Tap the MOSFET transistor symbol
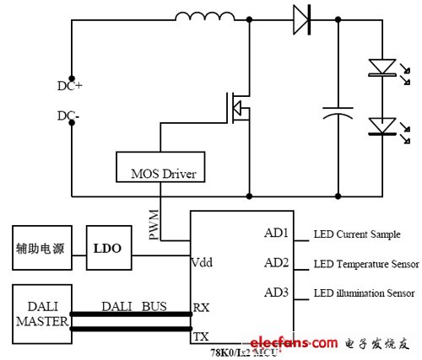(235, 109)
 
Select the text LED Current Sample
(354, 234)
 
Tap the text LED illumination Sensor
(364, 293)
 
